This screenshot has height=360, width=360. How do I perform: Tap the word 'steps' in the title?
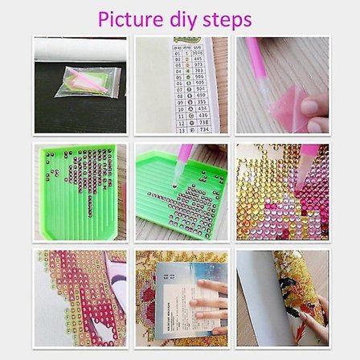tap(228, 19)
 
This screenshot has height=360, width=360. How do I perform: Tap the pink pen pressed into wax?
tap(270, 60)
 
